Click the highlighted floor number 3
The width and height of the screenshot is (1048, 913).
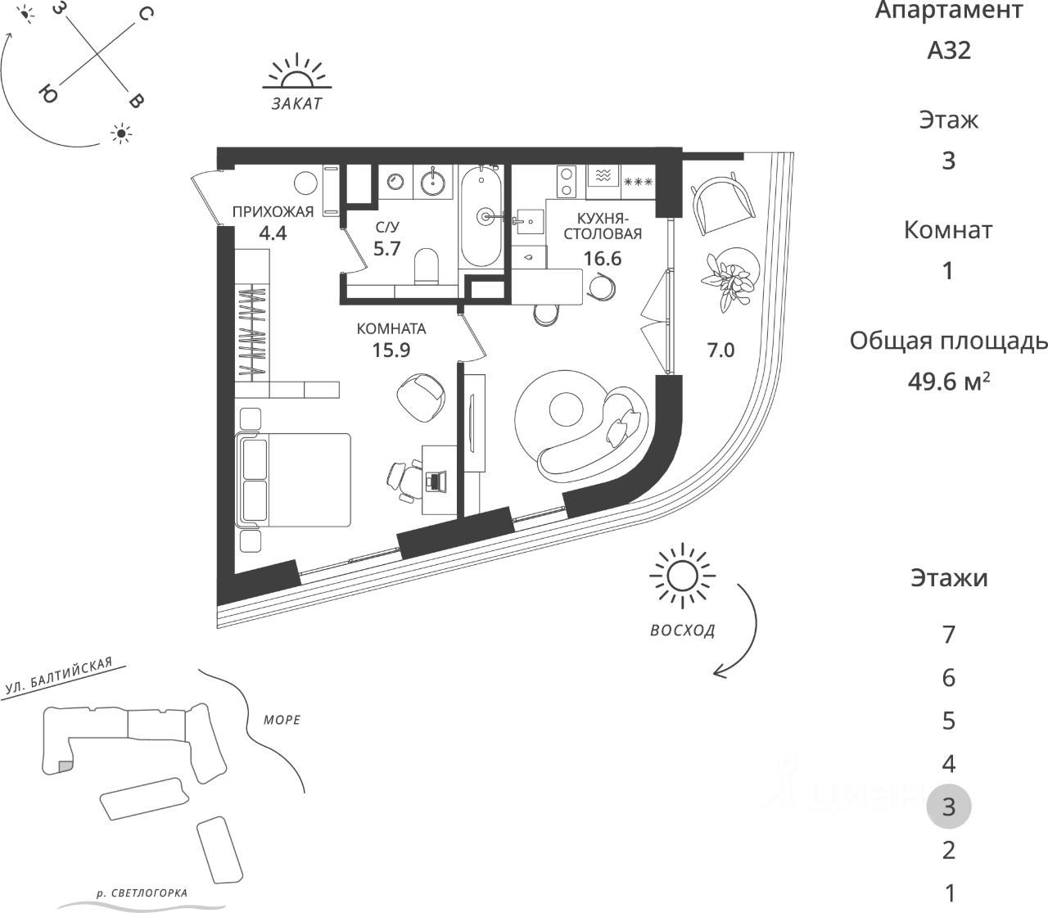coord(948,807)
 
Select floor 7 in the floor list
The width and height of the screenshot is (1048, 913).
coord(948,634)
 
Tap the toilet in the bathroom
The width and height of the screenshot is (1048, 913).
coord(426,265)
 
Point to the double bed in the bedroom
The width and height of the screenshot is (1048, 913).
coord(295,480)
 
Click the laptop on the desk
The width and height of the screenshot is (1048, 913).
coord(434,481)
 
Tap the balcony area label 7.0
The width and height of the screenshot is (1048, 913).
coord(720,351)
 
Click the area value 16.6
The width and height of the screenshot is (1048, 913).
coord(603,259)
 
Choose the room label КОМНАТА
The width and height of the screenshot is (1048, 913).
coord(391,329)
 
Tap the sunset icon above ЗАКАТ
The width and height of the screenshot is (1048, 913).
coord(296,73)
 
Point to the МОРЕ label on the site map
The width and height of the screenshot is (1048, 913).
coord(282,721)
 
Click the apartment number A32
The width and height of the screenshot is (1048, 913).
coord(948,51)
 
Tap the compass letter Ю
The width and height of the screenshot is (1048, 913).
coord(47,95)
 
